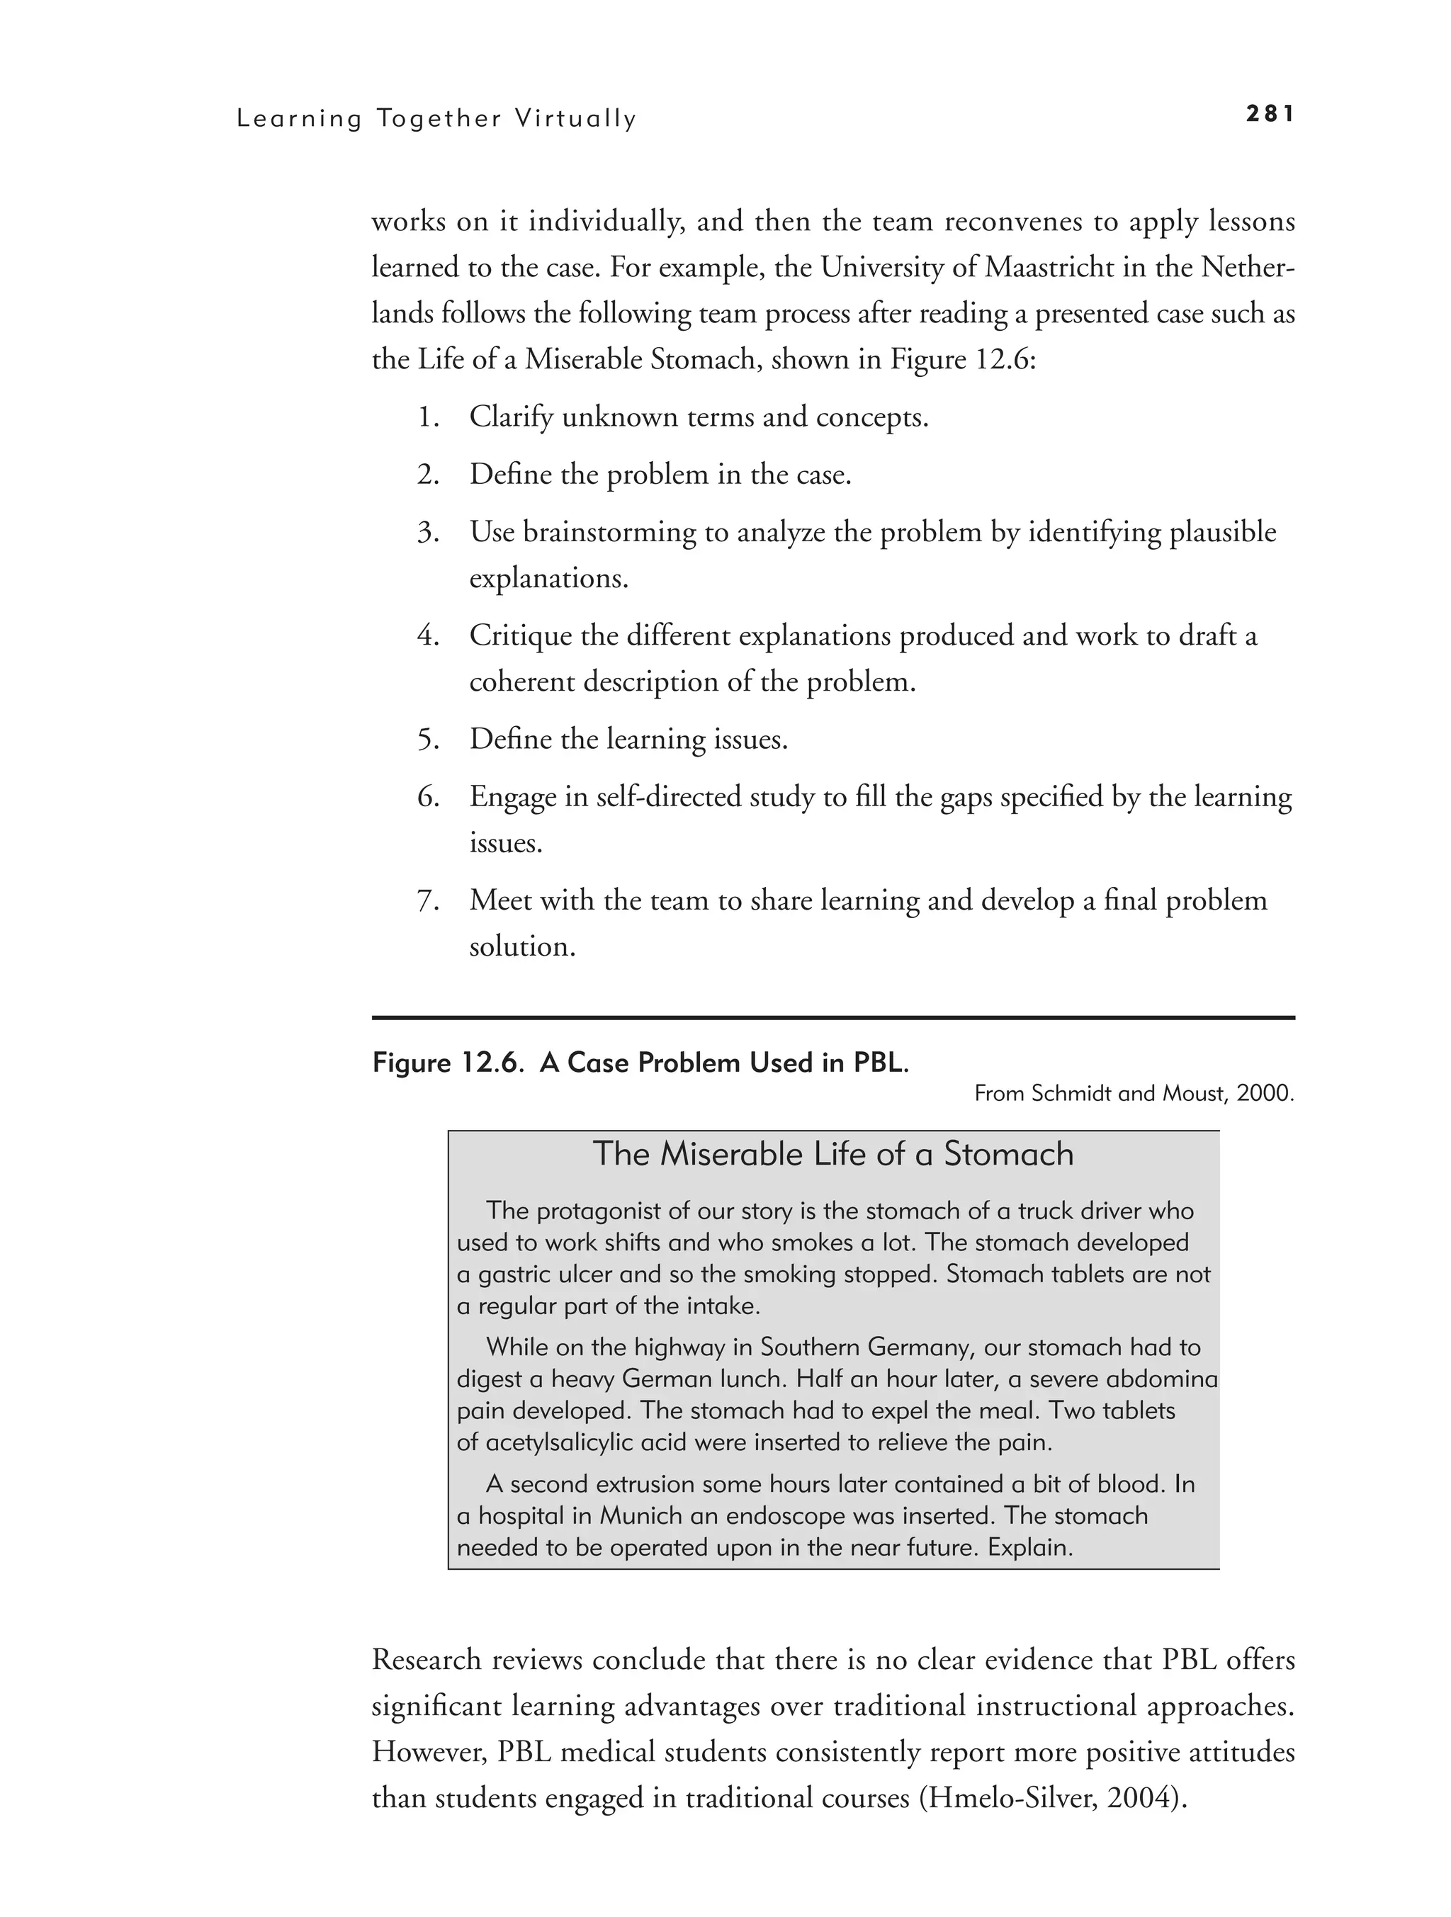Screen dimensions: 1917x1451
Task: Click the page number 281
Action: (1270, 113)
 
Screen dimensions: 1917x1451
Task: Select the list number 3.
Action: (427, 532)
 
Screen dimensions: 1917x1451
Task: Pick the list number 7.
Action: (427, 900)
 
